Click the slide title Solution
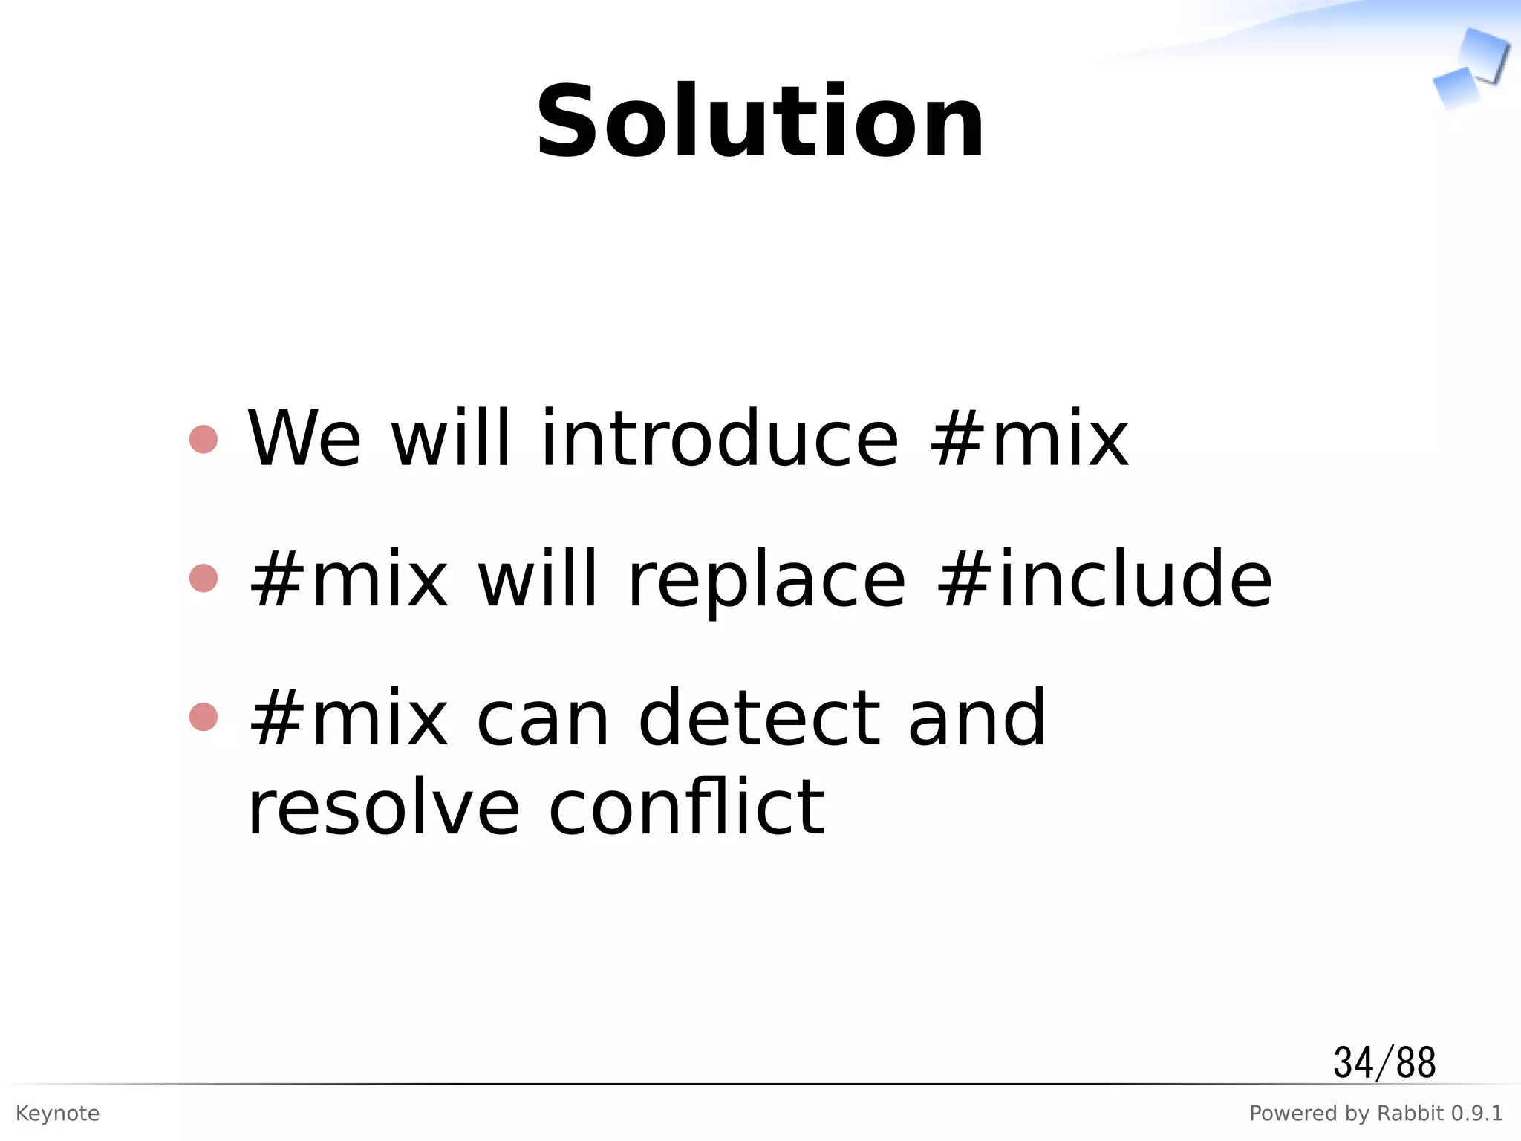(x=760, y=123)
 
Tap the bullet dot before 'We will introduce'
(x=203, y=439)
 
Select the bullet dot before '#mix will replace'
(x=203, y=579)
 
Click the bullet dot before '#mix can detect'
(x=203, y=718)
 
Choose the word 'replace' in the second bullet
(x=766, y=580)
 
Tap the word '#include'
(x=1105, y=579)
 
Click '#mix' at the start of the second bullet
(x=349, y=579)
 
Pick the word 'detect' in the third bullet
(x=760, y=718)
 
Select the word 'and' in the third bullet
(x=977, y=718)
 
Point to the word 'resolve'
(x=383, y=808)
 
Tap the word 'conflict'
(x=686, y=807)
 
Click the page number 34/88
(x=1384, y=1062)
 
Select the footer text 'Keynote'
(x=57, y=1114)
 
